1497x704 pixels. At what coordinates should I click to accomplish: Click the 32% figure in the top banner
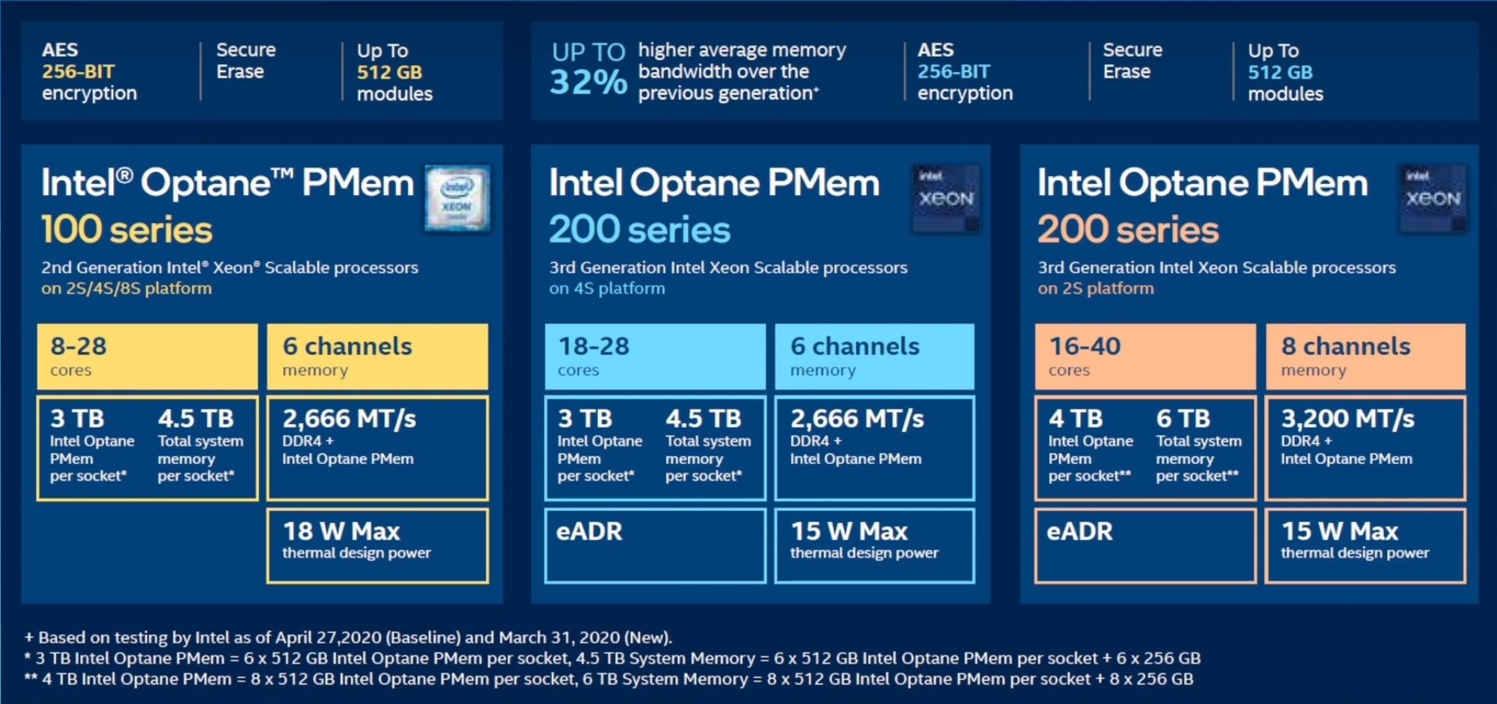pyautogui.click(x=588, y=81)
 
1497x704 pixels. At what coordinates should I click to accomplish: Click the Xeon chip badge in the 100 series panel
pyautogui.click(x=457, y=198)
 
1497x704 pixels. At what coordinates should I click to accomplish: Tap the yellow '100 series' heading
pyautogui.click(x=126, y=229)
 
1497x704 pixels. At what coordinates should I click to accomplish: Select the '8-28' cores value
pyautogui.click(x=79, y=346)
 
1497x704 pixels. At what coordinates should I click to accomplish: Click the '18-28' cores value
pyautogui.click(x=594, y=346)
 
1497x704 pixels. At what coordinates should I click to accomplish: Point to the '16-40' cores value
pyautogui.click(x=1085, y=346)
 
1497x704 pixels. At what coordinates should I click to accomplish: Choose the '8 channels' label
pyautogui.click(x=1345, y=346)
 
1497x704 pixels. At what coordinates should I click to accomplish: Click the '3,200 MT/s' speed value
pyautogui.click(x=1347, y=418)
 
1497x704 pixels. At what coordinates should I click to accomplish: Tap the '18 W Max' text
pyautogui.click(x=341, y=531)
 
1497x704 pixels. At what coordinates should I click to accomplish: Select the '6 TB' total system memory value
pyautogui.click(x=1183, y=418)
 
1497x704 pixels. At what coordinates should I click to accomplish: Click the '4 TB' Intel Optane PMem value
pyautogui.click(x=1076, y=418)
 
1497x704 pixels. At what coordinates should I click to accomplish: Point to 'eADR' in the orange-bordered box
pyautogui.click(x=1079, y=531)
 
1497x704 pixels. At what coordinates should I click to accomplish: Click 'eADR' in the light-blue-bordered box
pyautogui.click(x=589, y=531)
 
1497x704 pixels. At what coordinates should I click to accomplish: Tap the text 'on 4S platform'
pyautogui.click(x=606, y=289)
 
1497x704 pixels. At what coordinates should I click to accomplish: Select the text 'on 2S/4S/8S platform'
pyautogui.click(x=126, y=289)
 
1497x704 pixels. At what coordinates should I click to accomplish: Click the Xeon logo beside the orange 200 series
pyautogui.click(x=1433, y=198)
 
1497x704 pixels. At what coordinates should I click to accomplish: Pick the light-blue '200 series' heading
pyautogui.click(x=639, y=229)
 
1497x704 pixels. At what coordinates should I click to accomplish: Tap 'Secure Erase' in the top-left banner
pyautogui.click(x=246, y=61)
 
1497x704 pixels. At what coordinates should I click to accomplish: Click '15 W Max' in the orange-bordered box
pyautogui.click(x=1339, y=531)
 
